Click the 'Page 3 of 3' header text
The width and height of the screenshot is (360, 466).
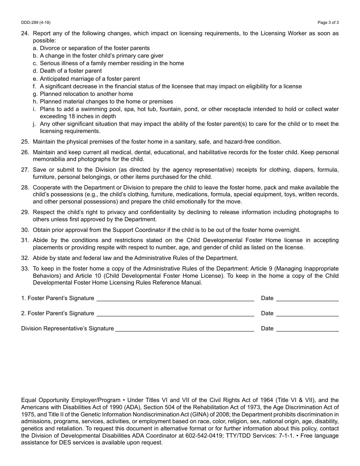coord(328,22)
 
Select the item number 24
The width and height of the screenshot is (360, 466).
coord(25,33)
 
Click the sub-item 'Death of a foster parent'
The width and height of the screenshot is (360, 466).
coord(71,71)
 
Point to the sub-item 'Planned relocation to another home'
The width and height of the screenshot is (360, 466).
coord(86,94)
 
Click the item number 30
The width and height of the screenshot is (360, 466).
coord(25,230)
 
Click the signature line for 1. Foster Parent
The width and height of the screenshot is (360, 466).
coord(175,299)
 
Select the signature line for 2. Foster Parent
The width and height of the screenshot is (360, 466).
coord(175,314)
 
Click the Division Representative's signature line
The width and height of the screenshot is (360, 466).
coord(185,330)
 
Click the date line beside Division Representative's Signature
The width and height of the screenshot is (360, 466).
coord(307,330)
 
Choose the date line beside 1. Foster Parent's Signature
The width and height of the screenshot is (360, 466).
coord(307,299)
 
